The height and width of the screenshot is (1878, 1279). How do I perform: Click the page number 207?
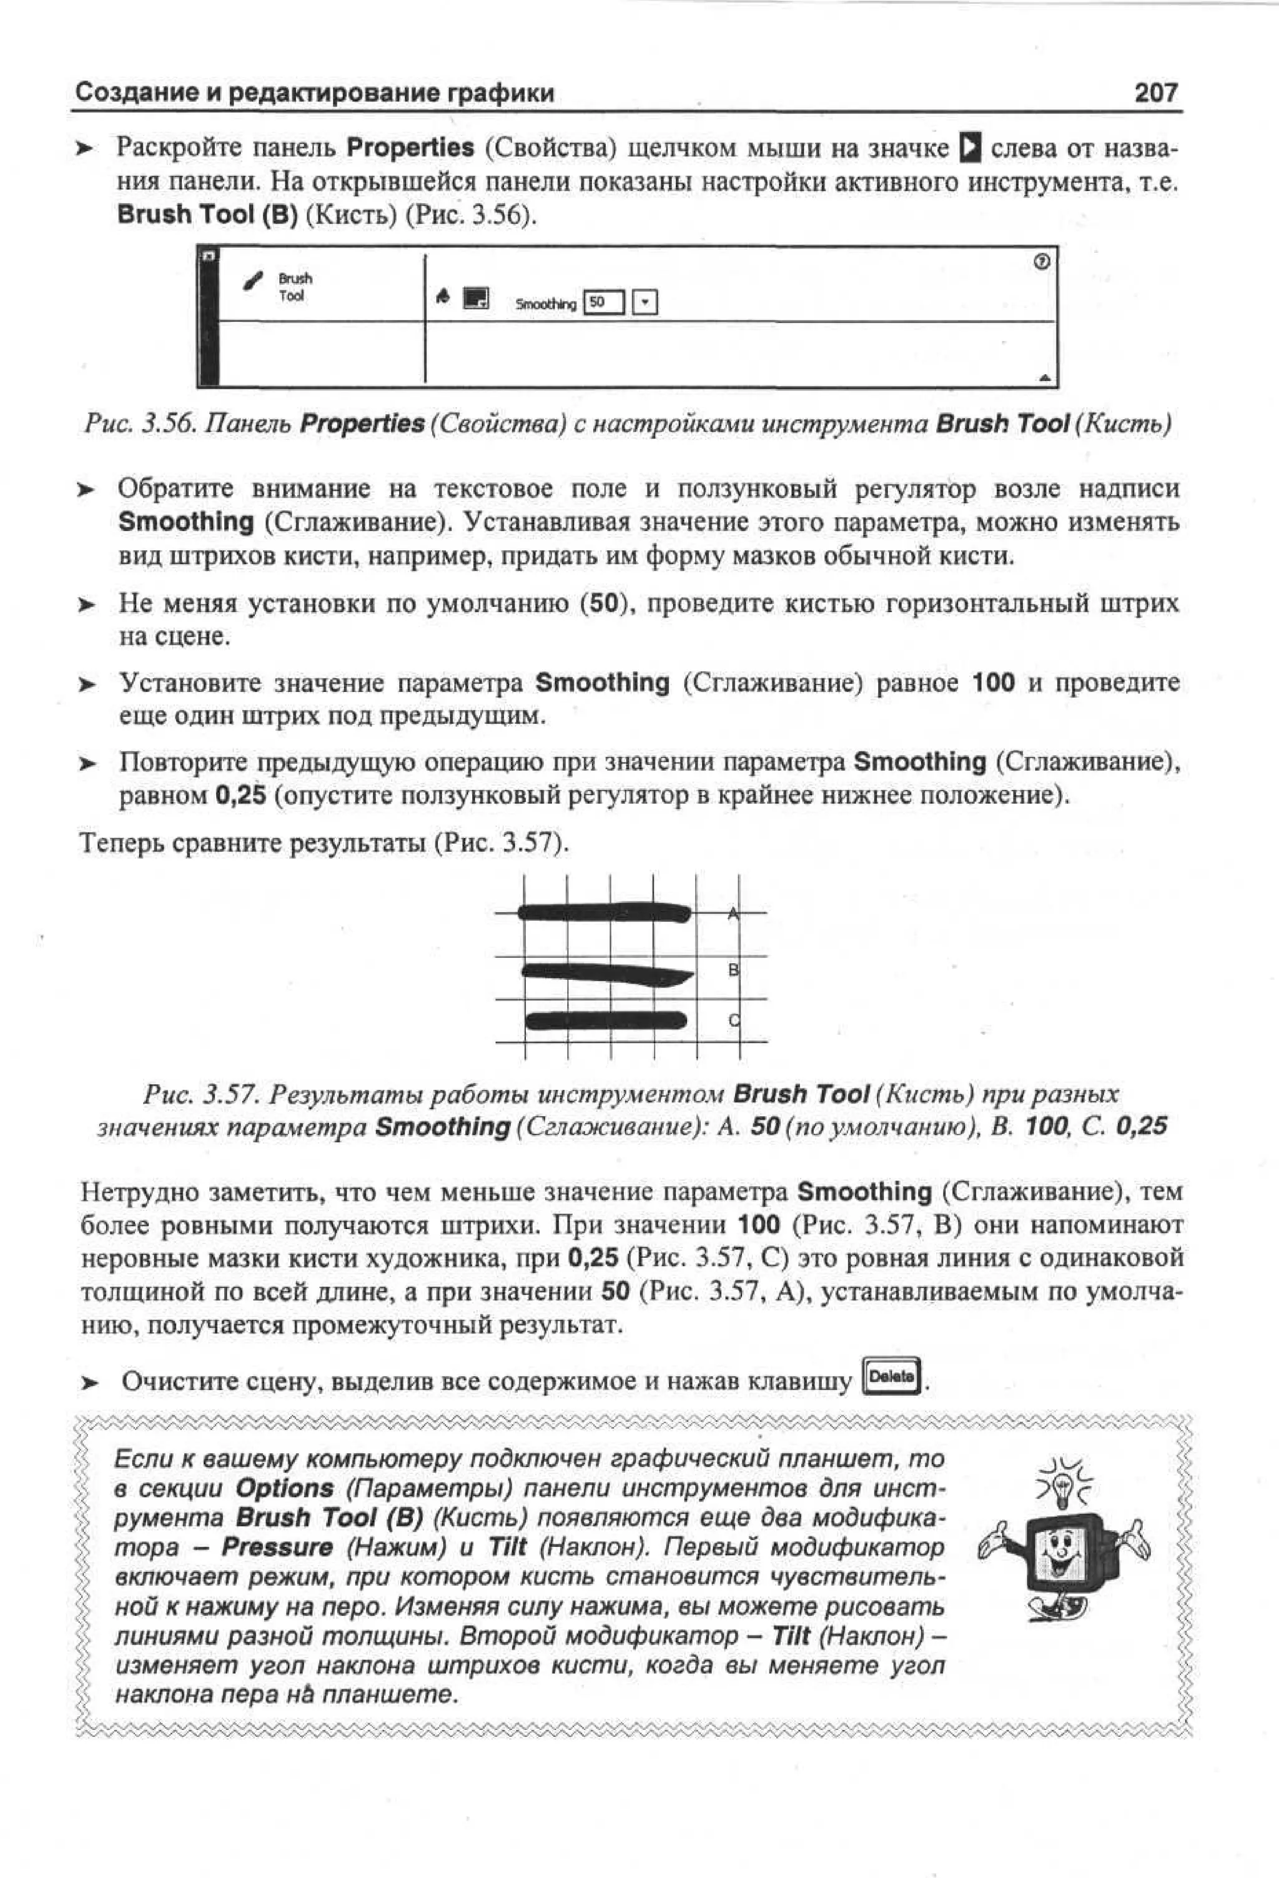coord(1155,93)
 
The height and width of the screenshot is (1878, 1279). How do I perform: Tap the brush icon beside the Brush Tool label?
coord(254,280)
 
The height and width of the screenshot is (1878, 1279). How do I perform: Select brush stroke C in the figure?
coord(606,1021)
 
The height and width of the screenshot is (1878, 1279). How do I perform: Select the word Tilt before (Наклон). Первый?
coord(506,1548)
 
